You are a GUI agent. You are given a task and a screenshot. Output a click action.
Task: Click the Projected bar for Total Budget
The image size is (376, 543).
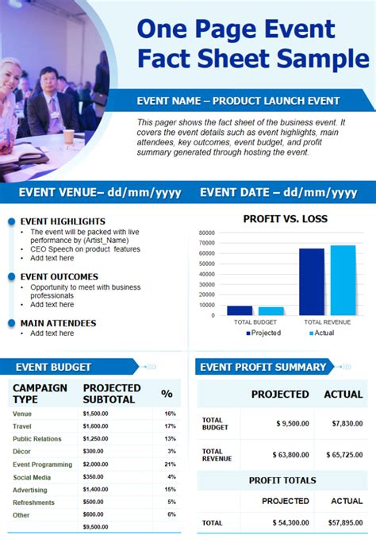pos(239,310)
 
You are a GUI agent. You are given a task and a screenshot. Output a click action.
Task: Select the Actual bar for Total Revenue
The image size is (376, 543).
pos(343,280)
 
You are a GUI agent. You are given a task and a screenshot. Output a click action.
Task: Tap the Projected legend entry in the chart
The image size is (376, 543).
pos(264,333)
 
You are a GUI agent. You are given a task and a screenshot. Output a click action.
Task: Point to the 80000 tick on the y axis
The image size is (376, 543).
pos(207,233)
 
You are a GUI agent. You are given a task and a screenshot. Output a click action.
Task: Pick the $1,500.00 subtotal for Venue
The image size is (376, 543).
pos(96,414)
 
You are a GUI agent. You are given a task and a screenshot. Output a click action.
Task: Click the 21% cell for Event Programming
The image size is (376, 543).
pos(170,464)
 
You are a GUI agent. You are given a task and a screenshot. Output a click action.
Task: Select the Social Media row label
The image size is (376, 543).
pos(32,477)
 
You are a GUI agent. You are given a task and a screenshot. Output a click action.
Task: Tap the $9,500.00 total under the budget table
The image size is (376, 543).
pos(96,526)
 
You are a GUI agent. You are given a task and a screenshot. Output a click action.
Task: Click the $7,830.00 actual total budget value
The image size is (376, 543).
pos(347,423)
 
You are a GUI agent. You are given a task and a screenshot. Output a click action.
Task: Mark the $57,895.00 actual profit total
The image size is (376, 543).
pos(347,523)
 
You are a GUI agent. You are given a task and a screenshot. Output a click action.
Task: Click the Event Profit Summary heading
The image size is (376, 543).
pos(263,367)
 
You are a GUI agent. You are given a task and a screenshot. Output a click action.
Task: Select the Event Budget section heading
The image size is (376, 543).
pos(55,367)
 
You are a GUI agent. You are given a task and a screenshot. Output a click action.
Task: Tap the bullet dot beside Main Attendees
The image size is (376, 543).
pos(11,323)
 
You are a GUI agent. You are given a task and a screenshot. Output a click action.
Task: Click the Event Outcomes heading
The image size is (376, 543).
pos(59,277)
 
